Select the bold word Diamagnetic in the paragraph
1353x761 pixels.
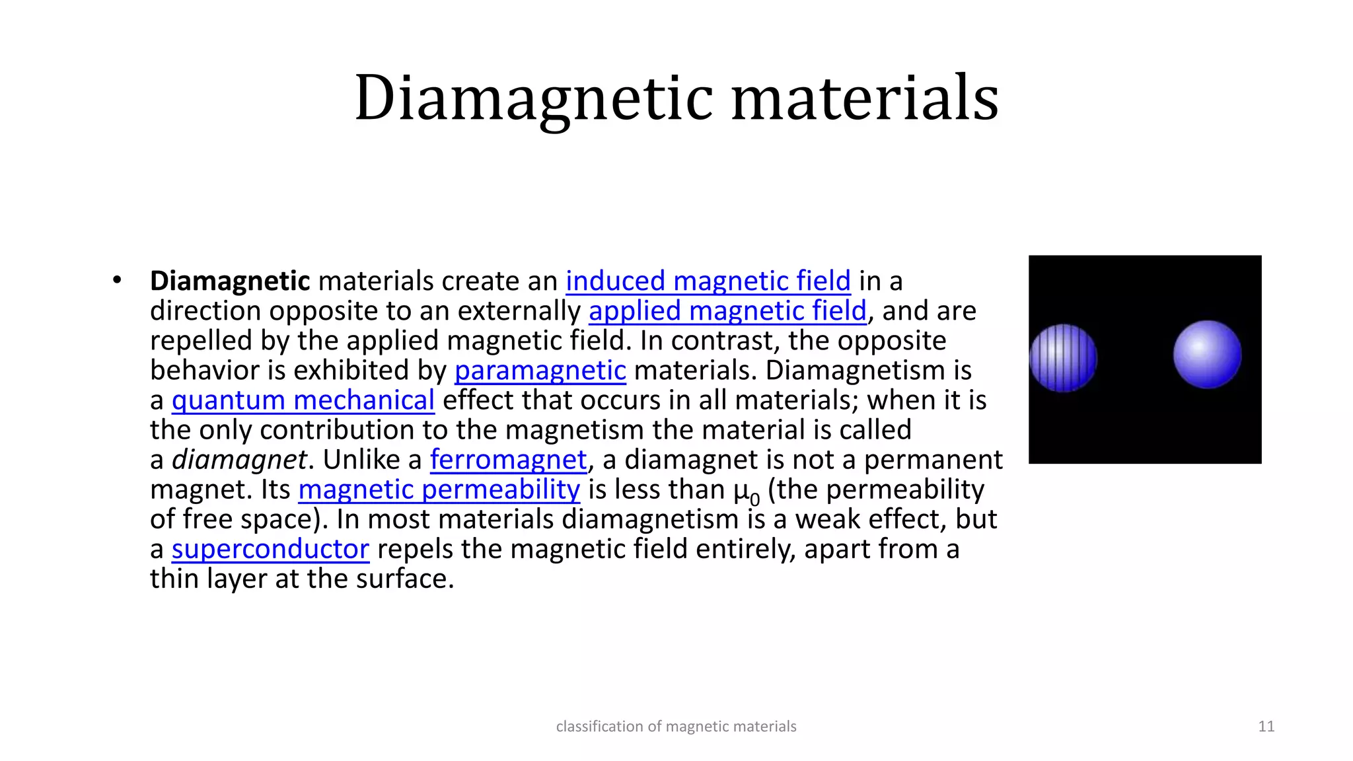230,281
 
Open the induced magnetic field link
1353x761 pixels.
708,281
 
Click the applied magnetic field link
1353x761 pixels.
727,311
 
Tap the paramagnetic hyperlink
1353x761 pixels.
540,371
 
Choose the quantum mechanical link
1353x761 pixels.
303,400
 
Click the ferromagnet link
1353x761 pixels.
508,460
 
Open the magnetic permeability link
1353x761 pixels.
439,489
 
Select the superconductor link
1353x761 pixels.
270,549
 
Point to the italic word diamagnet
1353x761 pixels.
239,460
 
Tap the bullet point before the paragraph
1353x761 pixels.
117,280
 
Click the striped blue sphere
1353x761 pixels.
1063,357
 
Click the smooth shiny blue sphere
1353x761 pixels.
1207,354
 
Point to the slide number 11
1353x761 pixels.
1266,727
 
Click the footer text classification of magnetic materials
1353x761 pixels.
676,727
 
